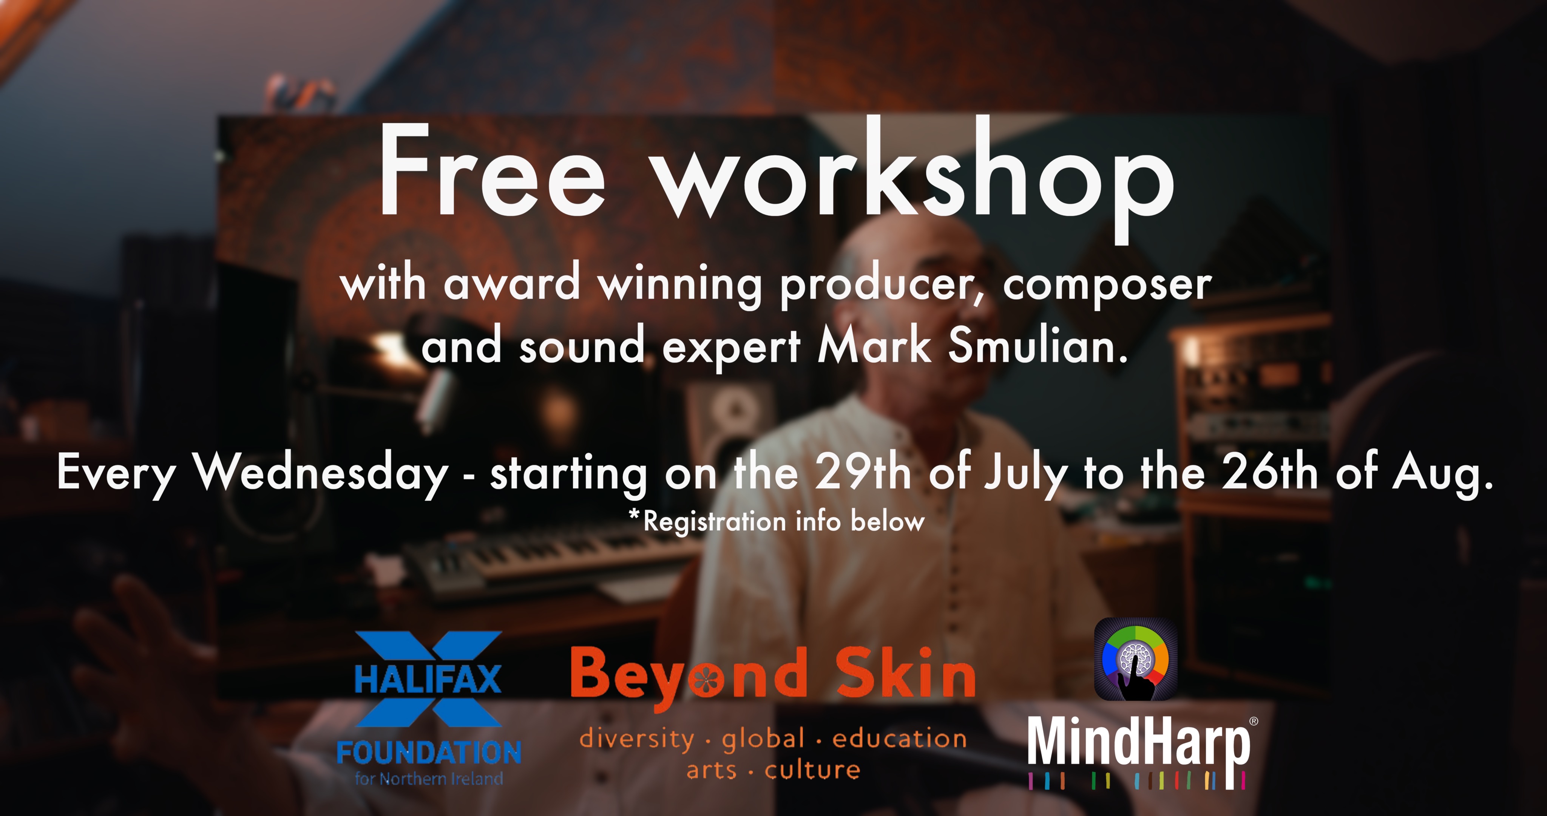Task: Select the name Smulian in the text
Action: [1038, 347]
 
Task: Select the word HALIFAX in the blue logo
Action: [428, 679]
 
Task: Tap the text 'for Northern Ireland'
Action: [429, 779]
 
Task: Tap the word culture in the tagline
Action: [812, 769]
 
